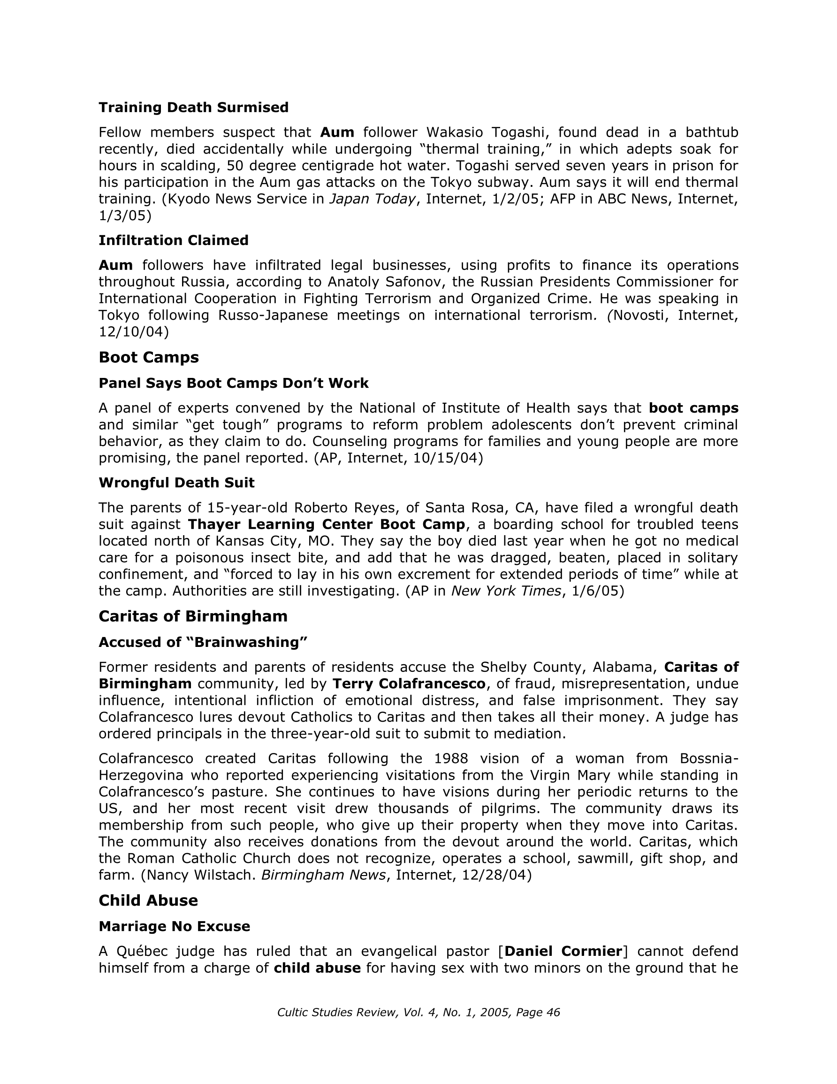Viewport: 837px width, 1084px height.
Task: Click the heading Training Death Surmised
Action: (193, 108)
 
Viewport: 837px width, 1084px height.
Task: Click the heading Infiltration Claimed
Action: (174, 241)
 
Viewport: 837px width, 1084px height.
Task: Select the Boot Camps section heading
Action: (149, 357)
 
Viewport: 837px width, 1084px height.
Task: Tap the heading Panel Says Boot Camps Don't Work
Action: (234, 384)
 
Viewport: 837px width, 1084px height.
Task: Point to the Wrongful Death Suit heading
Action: (176, 483)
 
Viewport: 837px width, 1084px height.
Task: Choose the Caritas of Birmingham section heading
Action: (193, 616)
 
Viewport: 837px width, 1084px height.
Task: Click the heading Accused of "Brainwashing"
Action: (204, 643)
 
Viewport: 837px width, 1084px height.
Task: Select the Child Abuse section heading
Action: (148, 901)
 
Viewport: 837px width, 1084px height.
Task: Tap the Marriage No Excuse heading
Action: (174, 927)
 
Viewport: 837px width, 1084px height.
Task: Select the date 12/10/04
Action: (131, 332)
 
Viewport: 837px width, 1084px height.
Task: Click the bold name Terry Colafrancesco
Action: (409, 684)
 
